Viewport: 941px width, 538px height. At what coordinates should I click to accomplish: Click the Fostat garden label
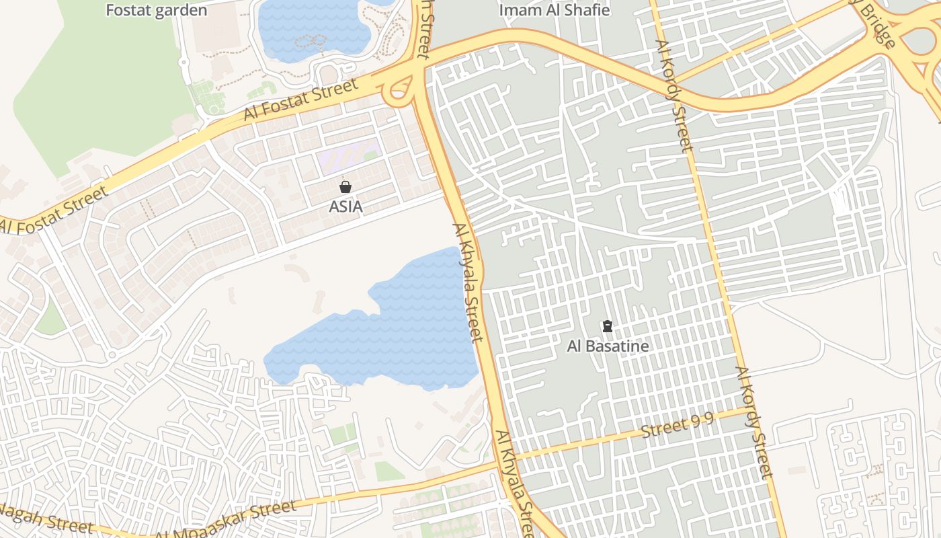[x=156, y=11]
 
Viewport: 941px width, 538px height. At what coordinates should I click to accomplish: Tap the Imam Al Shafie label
[x=555, y=10]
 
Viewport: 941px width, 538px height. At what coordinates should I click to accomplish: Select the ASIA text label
[x=345, y=206]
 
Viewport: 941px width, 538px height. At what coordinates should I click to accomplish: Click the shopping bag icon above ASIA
[x=345, y=187]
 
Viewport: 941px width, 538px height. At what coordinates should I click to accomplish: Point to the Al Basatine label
[x=608, y=346]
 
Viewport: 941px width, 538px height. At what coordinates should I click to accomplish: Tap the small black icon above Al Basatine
[x=608, y=327]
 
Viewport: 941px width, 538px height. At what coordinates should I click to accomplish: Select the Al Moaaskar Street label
[x=225, y=520]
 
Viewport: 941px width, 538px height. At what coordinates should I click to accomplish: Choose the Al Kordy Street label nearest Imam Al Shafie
[x=673, y=95]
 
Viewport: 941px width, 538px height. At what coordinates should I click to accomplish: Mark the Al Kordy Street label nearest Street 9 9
[x=754, y=422]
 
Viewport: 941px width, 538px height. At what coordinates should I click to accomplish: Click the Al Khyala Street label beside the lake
[x=468, y=282]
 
